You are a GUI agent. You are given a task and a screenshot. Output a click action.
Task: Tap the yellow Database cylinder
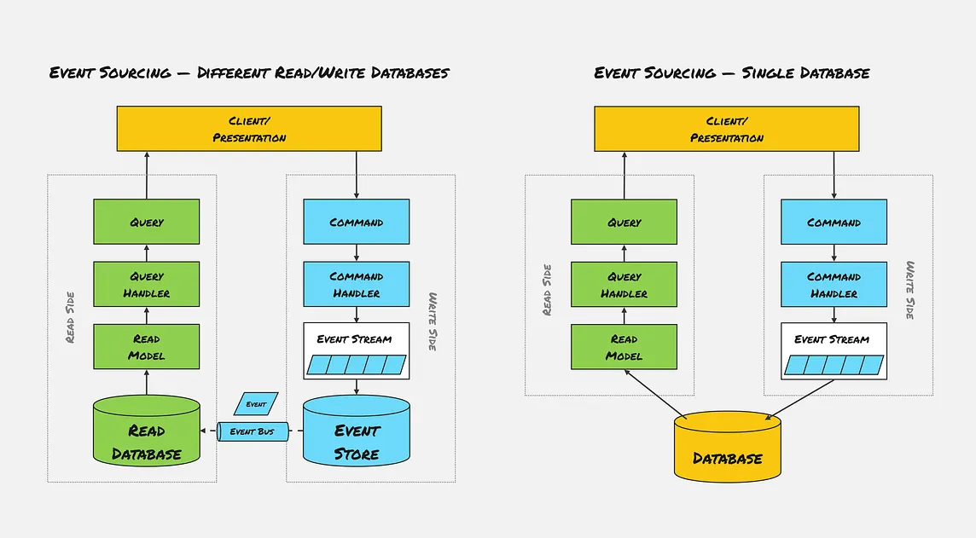coord(726,448)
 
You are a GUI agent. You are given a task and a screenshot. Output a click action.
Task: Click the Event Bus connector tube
coord(253,431)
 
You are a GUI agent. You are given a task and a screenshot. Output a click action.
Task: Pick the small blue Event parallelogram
coord(256,404)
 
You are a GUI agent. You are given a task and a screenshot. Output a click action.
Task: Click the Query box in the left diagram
coord(146,222)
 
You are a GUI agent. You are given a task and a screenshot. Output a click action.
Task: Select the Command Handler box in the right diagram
coord(834,285)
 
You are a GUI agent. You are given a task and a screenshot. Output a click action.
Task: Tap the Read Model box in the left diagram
coord(146,347)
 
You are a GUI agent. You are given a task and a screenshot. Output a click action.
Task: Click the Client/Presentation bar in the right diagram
coord(727,130)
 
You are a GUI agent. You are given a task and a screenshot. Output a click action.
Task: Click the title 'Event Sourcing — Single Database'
coord(731,72)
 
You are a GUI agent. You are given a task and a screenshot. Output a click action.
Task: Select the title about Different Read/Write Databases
coord(248,72)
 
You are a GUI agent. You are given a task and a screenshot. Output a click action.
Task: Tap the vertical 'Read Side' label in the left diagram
coord(70,317)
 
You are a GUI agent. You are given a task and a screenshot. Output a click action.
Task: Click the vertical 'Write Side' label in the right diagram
coord(910,290)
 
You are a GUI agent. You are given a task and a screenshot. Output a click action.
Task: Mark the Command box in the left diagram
coord(357,222)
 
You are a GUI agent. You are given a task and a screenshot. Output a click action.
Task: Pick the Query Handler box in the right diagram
coord(624,285)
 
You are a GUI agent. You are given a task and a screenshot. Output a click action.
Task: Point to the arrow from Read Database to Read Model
coord(146,383)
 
